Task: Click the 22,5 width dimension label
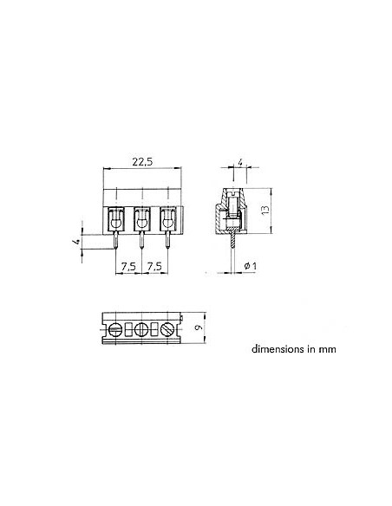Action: (143, 160)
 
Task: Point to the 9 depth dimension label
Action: (200, 328)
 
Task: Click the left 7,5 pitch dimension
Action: (127, 266)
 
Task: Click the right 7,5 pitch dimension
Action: (154, 266)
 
